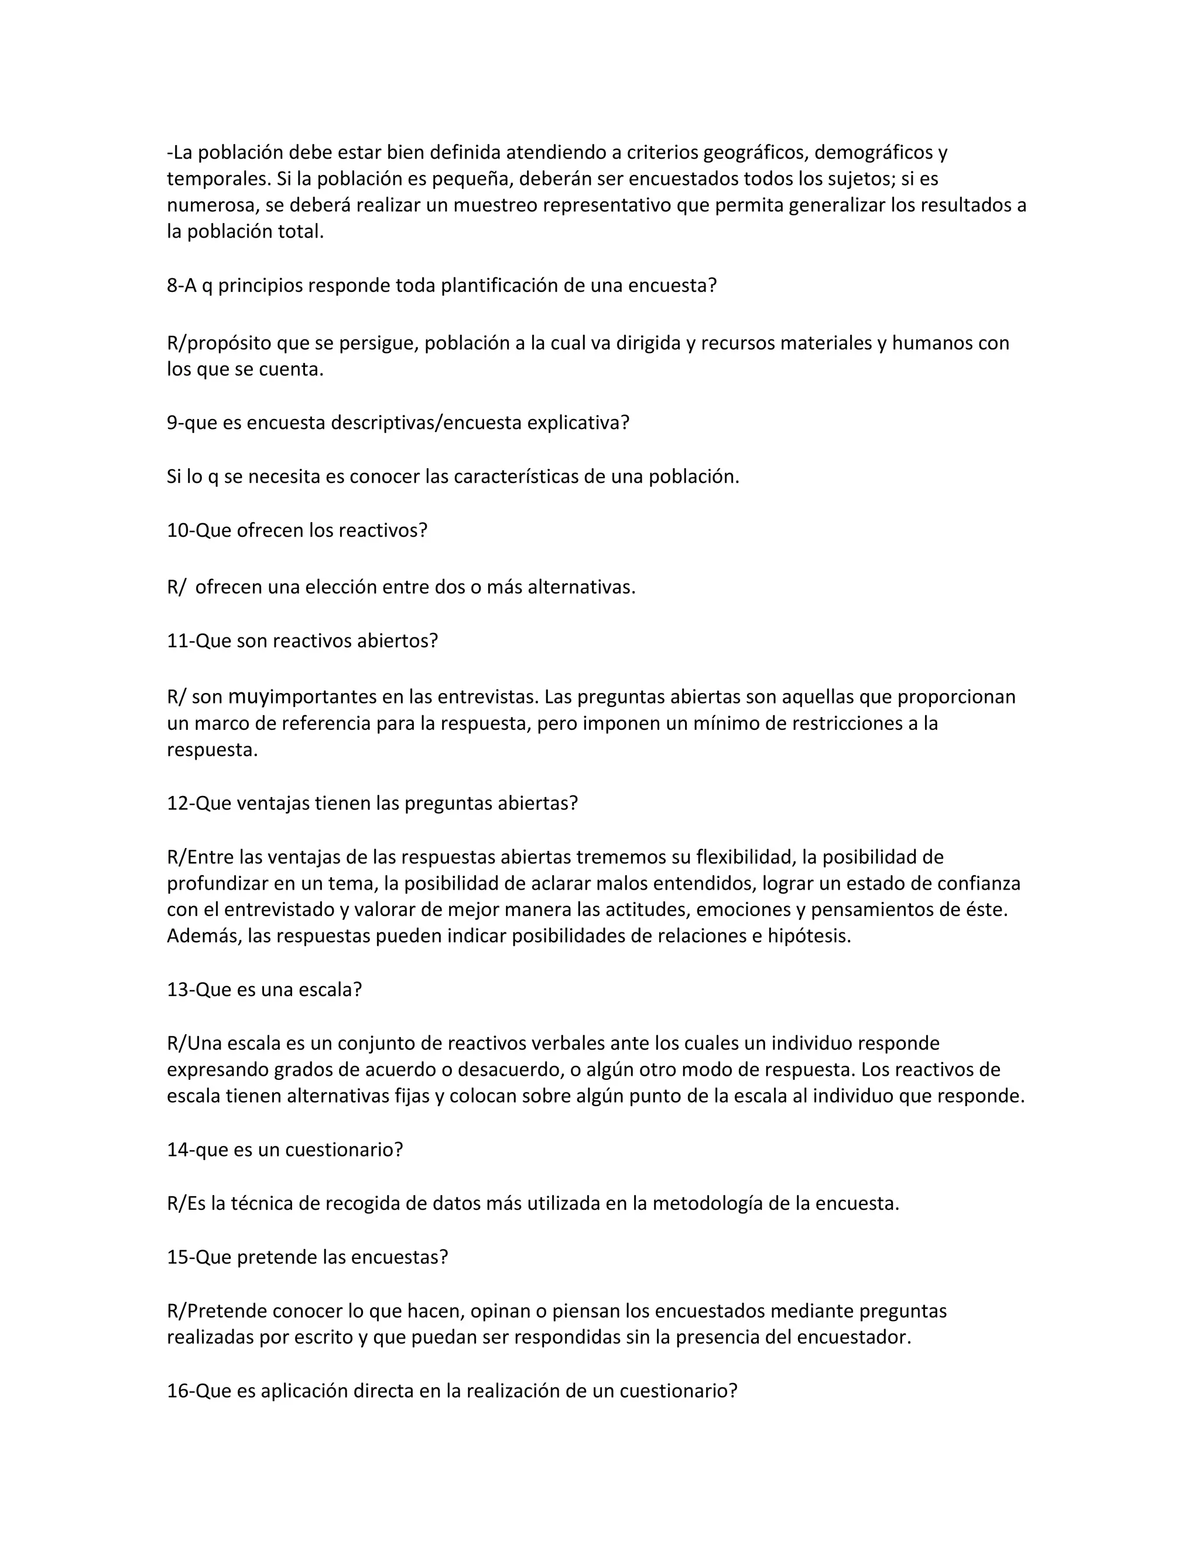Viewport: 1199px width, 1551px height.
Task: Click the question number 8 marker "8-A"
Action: click(x=182, y=286)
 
